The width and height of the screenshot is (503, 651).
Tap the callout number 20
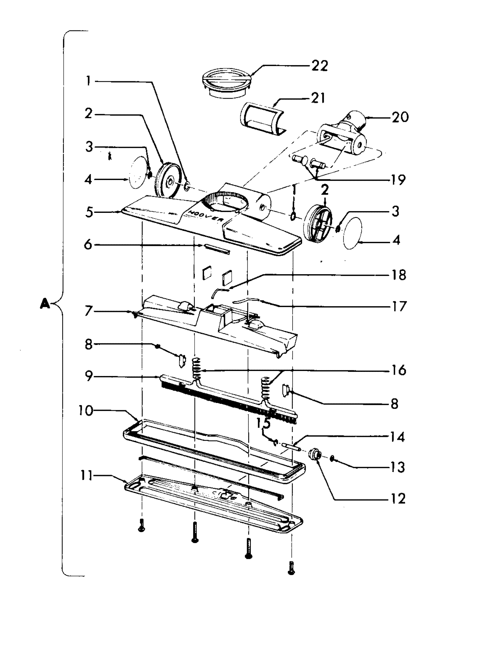tap(400, 117)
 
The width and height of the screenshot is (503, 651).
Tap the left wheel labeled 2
tap(169, 180)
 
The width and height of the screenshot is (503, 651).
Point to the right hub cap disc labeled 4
tap(352, 233)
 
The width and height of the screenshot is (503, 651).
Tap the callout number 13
tap(397, 467)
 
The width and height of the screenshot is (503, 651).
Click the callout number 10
tap(86, 411)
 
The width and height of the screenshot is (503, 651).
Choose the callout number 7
tap(88, 312)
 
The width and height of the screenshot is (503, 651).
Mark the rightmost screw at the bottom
tap(291, 567)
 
